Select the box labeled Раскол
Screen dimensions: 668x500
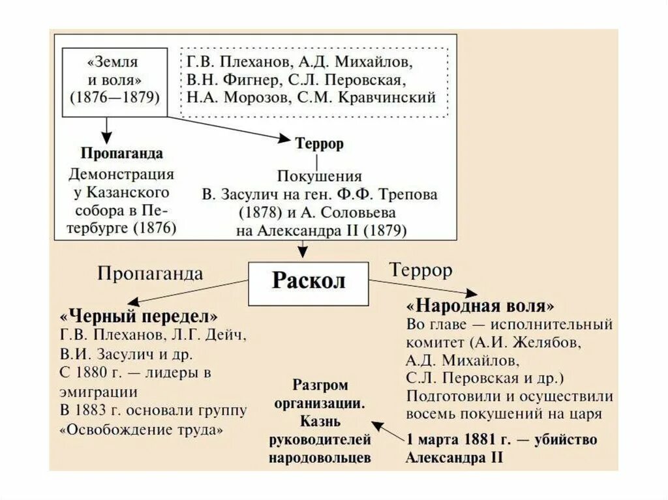point(309,282)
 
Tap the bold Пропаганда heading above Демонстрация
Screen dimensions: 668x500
point(121,154)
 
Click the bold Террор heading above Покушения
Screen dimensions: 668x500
point(319,145)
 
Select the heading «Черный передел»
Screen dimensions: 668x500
point(138,317)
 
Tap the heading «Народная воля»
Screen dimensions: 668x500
point(481,306)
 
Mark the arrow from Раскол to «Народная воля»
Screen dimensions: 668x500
point(424,287)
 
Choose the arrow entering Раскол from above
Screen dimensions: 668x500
point(301,250)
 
